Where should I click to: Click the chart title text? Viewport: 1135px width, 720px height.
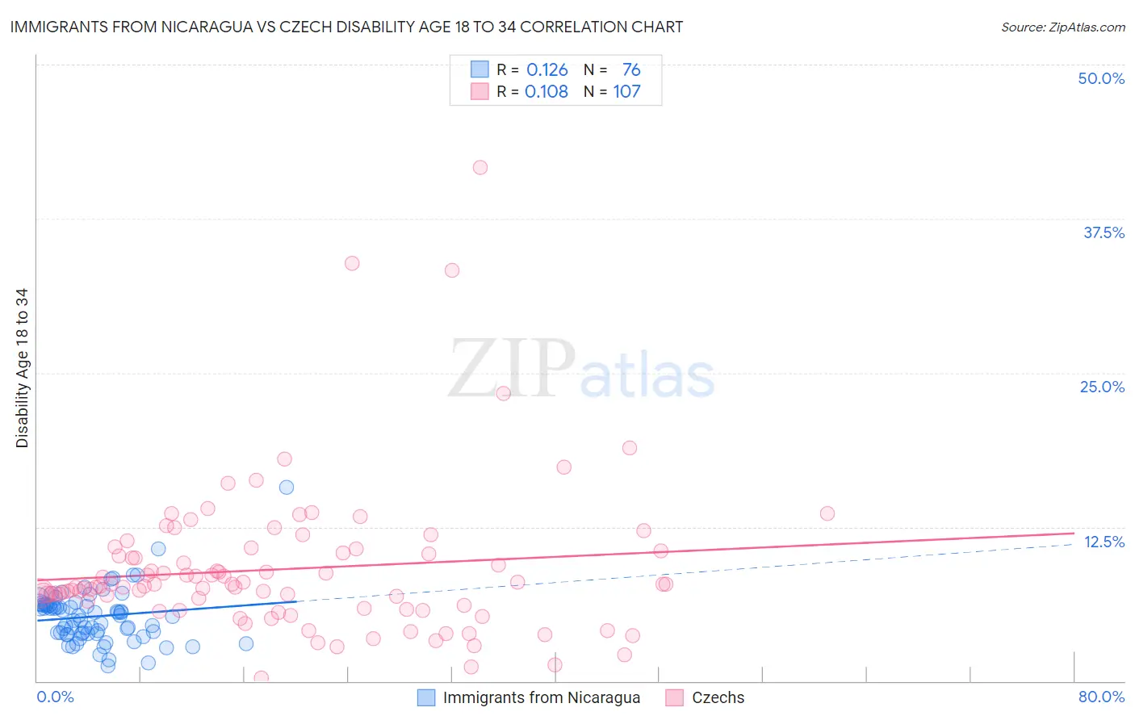(x=346, y=27)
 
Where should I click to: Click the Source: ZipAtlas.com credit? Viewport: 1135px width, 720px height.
(x=1062, y=27)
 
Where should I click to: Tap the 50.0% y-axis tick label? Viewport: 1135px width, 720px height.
(x=1101, y=78)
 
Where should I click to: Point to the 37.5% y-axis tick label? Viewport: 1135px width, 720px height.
(x=1104, y=232)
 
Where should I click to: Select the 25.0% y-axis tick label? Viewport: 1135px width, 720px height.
(x=1102, y=387)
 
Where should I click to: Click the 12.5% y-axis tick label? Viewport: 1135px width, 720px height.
(x=1104, y=542)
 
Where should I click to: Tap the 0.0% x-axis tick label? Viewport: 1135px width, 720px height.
(x=55, y=697)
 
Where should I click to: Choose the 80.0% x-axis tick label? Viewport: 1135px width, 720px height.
(x=1101, y=697)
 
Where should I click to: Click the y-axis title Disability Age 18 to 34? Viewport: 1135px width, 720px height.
(x=22, y=368)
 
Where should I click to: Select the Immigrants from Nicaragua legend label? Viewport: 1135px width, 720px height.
(x=541, y=697)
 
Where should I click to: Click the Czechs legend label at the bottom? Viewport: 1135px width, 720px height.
(x=718, y=697)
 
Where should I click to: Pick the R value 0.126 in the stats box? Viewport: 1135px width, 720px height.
(x=547, y=70)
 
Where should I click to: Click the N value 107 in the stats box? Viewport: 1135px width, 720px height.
(x=626, y=92)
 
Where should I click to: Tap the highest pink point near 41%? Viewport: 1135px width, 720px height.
(x=480, y=168)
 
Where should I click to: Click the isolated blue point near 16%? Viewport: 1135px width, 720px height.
(x=287, y=487)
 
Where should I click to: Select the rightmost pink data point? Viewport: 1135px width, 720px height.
(x=827, y=513)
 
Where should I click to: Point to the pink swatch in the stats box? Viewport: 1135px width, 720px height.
(x=480, y=92)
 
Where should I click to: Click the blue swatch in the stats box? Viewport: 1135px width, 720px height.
(x=480, y=70)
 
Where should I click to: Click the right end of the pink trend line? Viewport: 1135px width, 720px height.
(x=1074, y=533)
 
